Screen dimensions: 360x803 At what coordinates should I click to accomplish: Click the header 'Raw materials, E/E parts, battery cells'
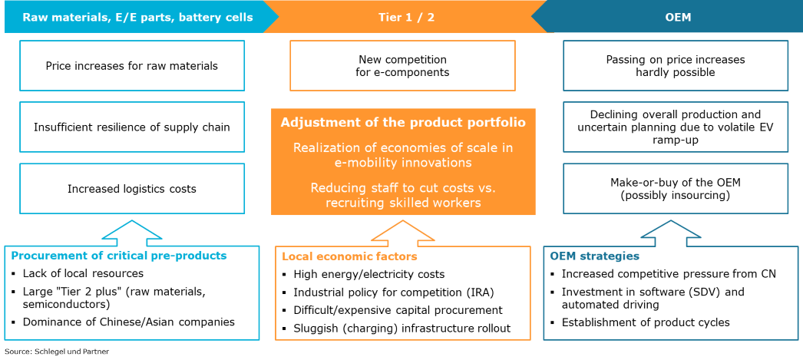click(137, 17)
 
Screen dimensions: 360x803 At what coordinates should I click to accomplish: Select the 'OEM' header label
click(679, 17)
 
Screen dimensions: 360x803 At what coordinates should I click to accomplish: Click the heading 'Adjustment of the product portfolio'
click(403, 123)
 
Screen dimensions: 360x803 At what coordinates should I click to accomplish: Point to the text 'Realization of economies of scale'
click(403, 147)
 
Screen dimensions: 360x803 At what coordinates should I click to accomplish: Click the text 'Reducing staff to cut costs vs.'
click(403, 187)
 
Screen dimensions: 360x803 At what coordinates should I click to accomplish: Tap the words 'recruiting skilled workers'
click(403, 203)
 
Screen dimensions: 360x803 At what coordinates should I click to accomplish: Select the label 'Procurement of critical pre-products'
click(119, 256)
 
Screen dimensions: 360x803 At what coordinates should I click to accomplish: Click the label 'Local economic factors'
click(350, 256)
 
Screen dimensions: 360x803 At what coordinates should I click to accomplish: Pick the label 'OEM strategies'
click(595, 256)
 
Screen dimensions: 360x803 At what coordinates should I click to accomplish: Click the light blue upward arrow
click(132, 232)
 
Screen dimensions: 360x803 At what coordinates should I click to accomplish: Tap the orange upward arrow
click(403, 233)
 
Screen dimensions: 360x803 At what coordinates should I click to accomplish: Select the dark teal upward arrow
click(671, 232)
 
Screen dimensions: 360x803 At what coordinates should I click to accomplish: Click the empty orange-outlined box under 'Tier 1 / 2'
click(402, 66)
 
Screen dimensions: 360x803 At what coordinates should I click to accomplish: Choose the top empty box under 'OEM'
click(676, 66)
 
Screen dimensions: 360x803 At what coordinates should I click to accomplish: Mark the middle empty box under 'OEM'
click(676, 127)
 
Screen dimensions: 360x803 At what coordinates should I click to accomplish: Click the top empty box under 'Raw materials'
click(132, 66)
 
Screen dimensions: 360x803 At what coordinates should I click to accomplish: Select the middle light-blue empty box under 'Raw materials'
click(132, 127)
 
